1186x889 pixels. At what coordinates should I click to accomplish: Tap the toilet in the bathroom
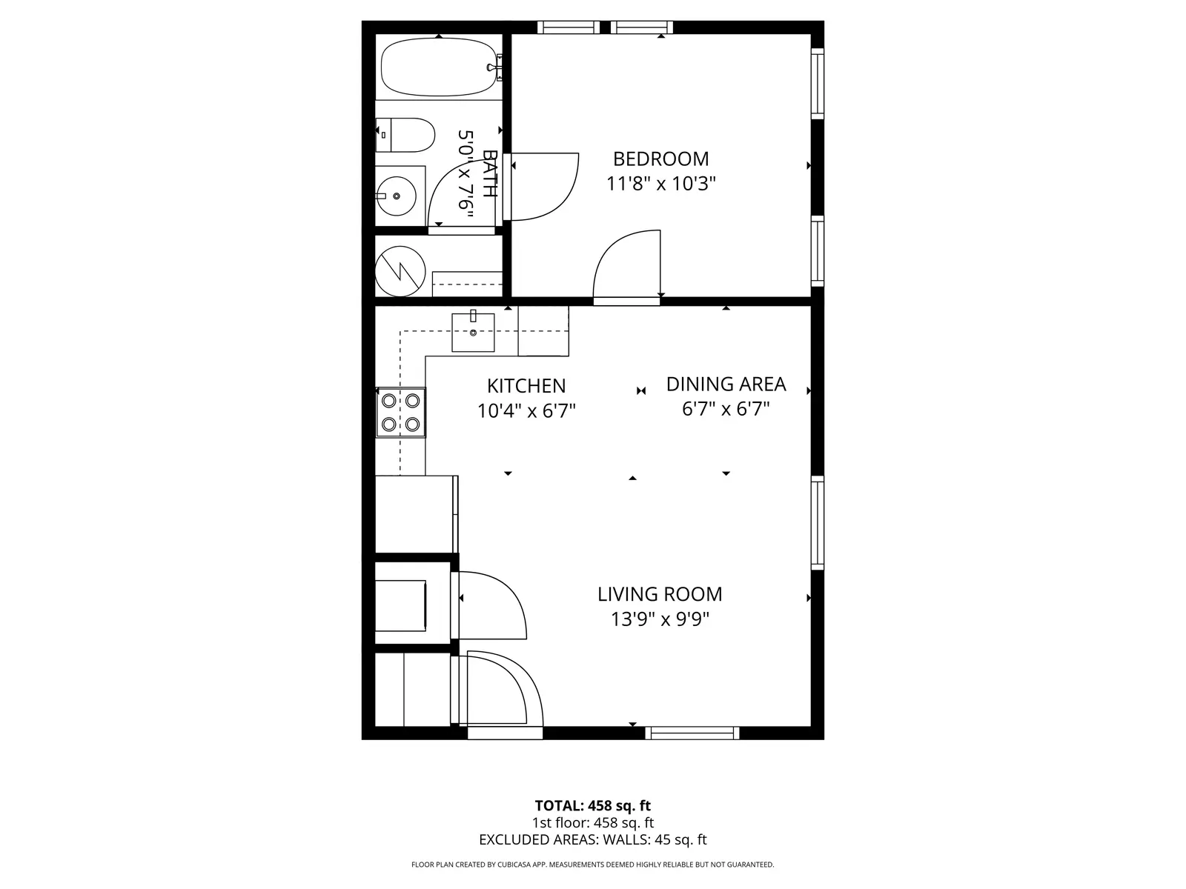(405, 135)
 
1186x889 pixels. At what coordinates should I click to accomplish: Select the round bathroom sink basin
(396, 196)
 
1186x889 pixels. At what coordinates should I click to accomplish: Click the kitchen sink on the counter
(473, 333)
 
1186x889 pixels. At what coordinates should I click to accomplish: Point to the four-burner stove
(401, 413)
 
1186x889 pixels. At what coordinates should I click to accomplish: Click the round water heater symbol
(400, 271)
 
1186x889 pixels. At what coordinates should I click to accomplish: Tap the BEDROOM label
(660, 159)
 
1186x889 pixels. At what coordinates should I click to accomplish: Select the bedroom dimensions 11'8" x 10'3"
(660, 184)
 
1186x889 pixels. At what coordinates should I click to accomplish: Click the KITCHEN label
(526, 386)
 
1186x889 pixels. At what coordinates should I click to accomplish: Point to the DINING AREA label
(726, 384)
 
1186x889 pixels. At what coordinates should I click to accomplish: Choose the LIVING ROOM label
(660, 594)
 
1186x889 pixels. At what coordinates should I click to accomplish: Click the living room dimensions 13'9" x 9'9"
(660, 619)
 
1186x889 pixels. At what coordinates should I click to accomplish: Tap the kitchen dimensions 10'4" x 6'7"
(526, 411)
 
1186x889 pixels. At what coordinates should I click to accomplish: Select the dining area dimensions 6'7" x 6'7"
(726, 409)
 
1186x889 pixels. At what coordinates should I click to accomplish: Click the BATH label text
(489, 173)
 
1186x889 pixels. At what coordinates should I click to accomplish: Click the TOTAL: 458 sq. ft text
(593, 806)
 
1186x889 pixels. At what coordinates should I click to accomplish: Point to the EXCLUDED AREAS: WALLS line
(593, 839)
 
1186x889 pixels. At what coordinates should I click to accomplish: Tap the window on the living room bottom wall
(692, 733)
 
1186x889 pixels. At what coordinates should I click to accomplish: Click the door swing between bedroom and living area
(627, 264)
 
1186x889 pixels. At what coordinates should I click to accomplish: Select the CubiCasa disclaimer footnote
(593, 865)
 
